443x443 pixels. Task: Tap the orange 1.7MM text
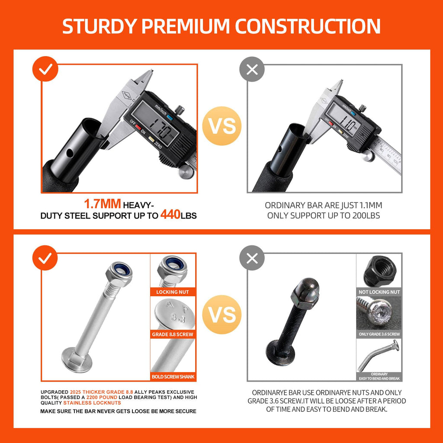pyautogui.click(x=103, y=204)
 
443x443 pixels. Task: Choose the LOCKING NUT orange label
pyautogui.click(x=173, y=292)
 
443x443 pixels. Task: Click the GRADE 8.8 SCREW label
pyautogui.click(x=173, y=334)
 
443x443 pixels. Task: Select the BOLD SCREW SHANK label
pyautogui.click(x=173, y=377)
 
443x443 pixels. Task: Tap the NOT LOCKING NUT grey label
pyautogui.click(x=379, y=292)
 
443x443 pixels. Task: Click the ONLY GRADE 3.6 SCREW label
pyautogui.click(x=379, y=334)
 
